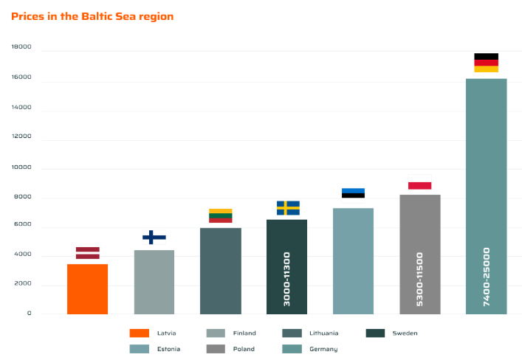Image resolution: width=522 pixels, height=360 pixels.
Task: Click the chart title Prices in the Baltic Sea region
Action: [92, 16]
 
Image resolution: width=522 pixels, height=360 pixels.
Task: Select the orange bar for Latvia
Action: [87, 288]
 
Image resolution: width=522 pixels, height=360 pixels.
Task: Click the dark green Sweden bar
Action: [286, 236]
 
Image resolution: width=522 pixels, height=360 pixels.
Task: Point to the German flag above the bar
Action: [486, 63]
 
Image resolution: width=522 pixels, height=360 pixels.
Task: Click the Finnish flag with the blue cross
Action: [154, 237]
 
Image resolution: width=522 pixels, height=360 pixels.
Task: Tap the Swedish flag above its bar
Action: [287, 207]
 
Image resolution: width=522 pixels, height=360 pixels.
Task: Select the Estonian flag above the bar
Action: [353, 193]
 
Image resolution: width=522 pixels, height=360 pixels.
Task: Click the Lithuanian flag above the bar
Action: [220, 215]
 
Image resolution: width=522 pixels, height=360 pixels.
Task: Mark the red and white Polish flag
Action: [419, 186]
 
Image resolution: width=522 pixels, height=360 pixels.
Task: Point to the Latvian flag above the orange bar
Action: [87, 253]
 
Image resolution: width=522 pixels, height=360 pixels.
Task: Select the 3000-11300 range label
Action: [287, 279]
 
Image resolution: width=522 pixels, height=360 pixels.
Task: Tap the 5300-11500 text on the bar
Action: [420, 280]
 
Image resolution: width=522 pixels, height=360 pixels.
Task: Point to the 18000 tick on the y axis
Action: [21, 47]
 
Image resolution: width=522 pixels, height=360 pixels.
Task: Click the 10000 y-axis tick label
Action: [21, 168]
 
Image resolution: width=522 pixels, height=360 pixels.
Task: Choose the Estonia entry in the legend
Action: [168, 349]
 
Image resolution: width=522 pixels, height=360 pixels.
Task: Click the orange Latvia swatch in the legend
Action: [139, 333]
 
